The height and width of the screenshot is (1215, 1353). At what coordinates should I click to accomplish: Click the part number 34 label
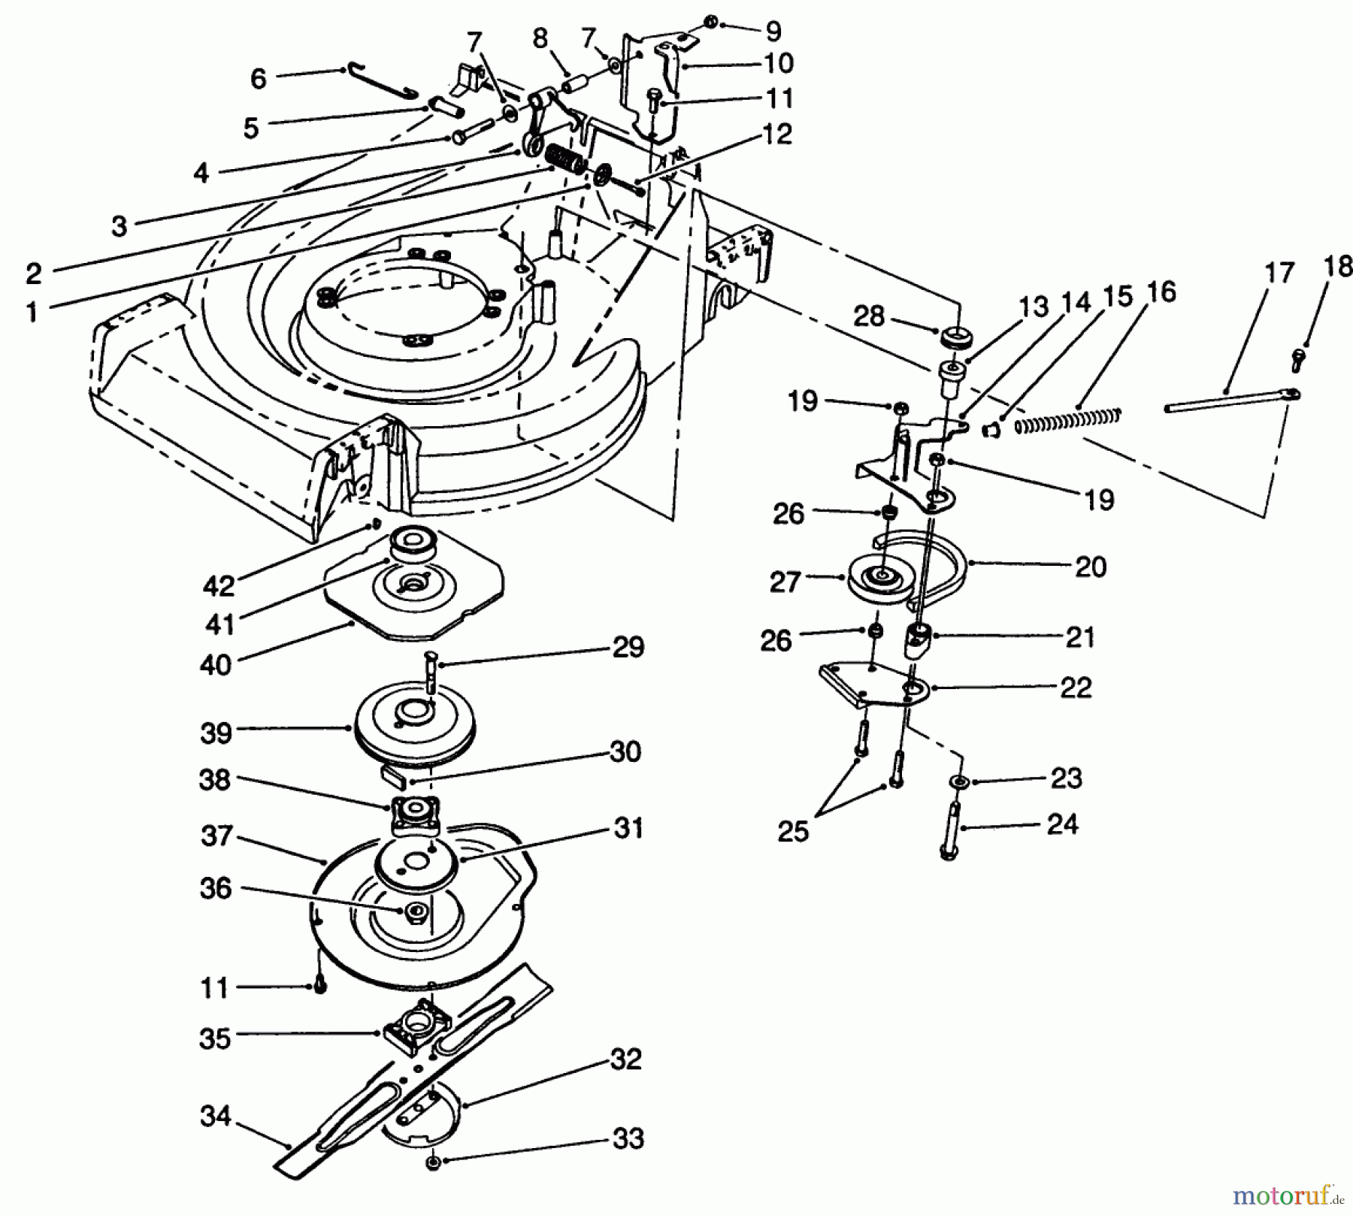(x=215, y=1117)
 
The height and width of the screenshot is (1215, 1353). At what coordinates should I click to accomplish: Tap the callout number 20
(x=1090, y=566)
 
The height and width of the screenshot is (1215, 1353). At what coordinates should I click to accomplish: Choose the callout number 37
(x=216, y=836)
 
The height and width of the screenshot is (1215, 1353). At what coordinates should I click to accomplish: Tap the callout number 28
(x=869, y=316)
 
